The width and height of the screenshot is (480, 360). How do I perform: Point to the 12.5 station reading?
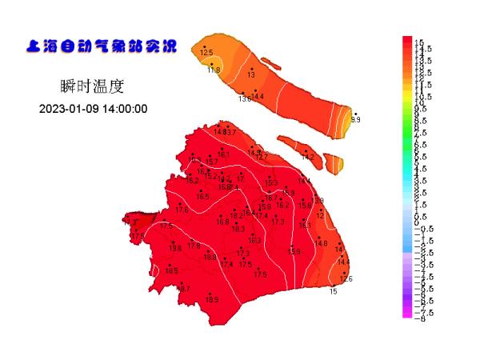[x=206, y=52]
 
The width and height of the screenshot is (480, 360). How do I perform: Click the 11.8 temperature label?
[x=213, y=70]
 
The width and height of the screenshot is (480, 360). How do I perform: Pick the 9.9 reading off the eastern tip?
[x=356, y=120]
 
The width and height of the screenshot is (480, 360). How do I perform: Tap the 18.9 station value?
[x=212, y=300]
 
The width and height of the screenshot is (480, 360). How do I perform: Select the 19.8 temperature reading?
[x=174, y=249]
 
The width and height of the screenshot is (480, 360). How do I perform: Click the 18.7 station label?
[x=184, y=288]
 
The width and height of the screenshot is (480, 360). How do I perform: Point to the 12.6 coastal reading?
[x=346, y=278]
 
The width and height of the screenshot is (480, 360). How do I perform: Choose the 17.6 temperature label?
[x=182, y=210]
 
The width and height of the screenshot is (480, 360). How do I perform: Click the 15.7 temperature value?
[x=212, y=162]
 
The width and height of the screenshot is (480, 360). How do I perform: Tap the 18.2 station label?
[x=236, y=215]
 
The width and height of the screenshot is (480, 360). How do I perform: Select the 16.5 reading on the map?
[x=202, y=197]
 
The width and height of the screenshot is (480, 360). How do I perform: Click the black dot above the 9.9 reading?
[x=355, y=114]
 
